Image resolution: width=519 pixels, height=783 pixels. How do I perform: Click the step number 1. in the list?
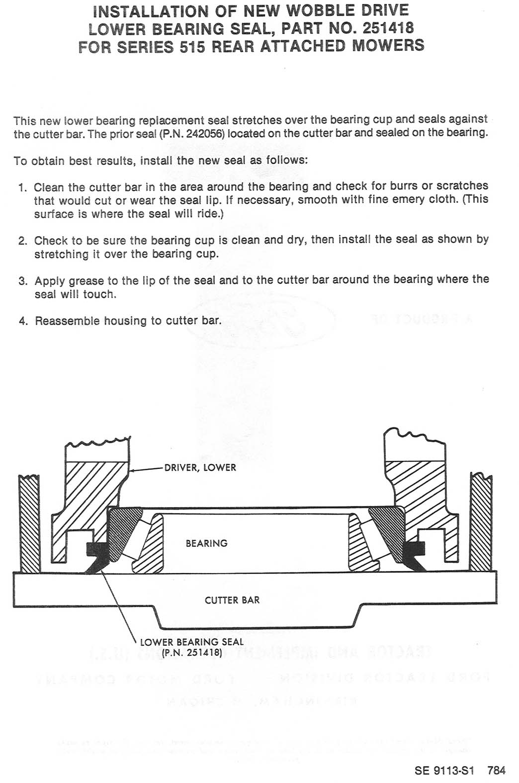[22, 187]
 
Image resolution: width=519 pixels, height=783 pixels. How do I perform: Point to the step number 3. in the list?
[22, 281]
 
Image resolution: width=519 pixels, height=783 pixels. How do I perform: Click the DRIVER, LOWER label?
[200, 468]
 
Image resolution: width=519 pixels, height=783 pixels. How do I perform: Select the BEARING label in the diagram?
[206, 543]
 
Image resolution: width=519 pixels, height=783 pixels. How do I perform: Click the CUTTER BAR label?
[232, 600]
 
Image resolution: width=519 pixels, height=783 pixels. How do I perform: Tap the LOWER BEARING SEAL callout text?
[192, 642]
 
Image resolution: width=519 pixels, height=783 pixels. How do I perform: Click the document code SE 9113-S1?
[444, 771]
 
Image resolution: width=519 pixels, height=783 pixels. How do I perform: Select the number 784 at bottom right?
[497, 771]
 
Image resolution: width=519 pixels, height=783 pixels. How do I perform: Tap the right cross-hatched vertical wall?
[481, 522]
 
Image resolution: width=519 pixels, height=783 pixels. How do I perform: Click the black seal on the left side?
[97, 552]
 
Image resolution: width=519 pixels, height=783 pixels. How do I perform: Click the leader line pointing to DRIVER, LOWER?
[147, 469]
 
